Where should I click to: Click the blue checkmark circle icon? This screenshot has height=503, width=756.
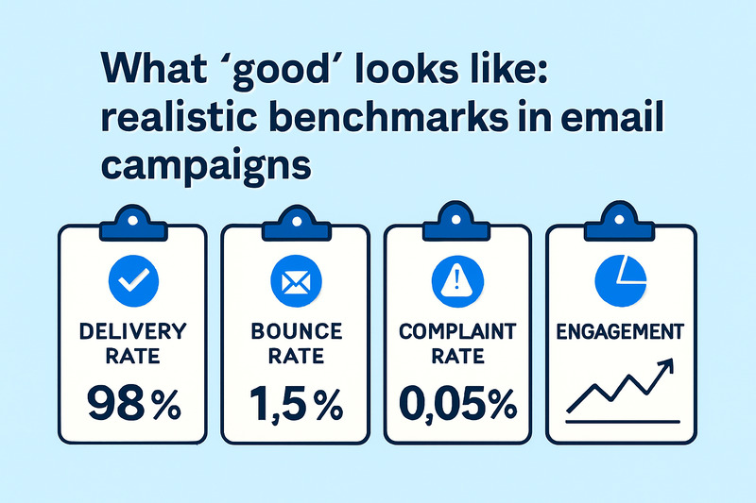pos(135,279)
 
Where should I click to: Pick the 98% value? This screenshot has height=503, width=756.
pos(135,405)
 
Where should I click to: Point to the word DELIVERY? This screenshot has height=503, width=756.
pos(135,331)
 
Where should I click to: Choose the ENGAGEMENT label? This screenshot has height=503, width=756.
pos(622,332)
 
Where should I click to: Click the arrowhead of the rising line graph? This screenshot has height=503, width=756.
pos(670,363)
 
